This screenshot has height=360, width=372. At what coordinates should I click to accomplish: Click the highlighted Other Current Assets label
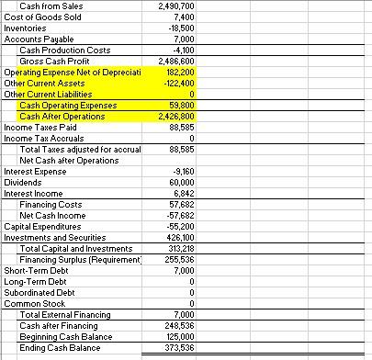[42, 83]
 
